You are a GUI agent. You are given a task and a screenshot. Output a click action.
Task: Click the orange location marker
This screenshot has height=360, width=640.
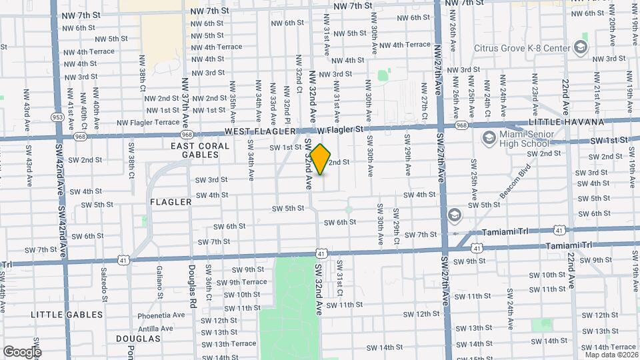pos(321,159)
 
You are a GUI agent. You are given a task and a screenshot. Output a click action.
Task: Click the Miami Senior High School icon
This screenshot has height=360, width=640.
pos(488,138)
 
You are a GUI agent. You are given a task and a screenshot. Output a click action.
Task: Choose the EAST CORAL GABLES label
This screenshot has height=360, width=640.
pos(195,150)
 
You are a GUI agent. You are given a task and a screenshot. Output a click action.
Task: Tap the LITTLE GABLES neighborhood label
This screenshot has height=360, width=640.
pos(67,314)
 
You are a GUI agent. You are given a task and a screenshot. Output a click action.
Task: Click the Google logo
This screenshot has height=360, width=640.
pos(22,351)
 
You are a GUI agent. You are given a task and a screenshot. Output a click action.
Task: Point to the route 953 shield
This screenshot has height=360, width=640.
pos(58,117)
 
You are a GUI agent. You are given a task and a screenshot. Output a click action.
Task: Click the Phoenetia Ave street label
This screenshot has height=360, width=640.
pos(161,315)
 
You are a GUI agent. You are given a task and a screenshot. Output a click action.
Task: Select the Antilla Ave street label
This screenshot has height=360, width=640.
pos(159,328)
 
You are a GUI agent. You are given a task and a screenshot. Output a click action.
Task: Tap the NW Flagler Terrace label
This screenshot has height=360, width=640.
pos(148,123)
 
